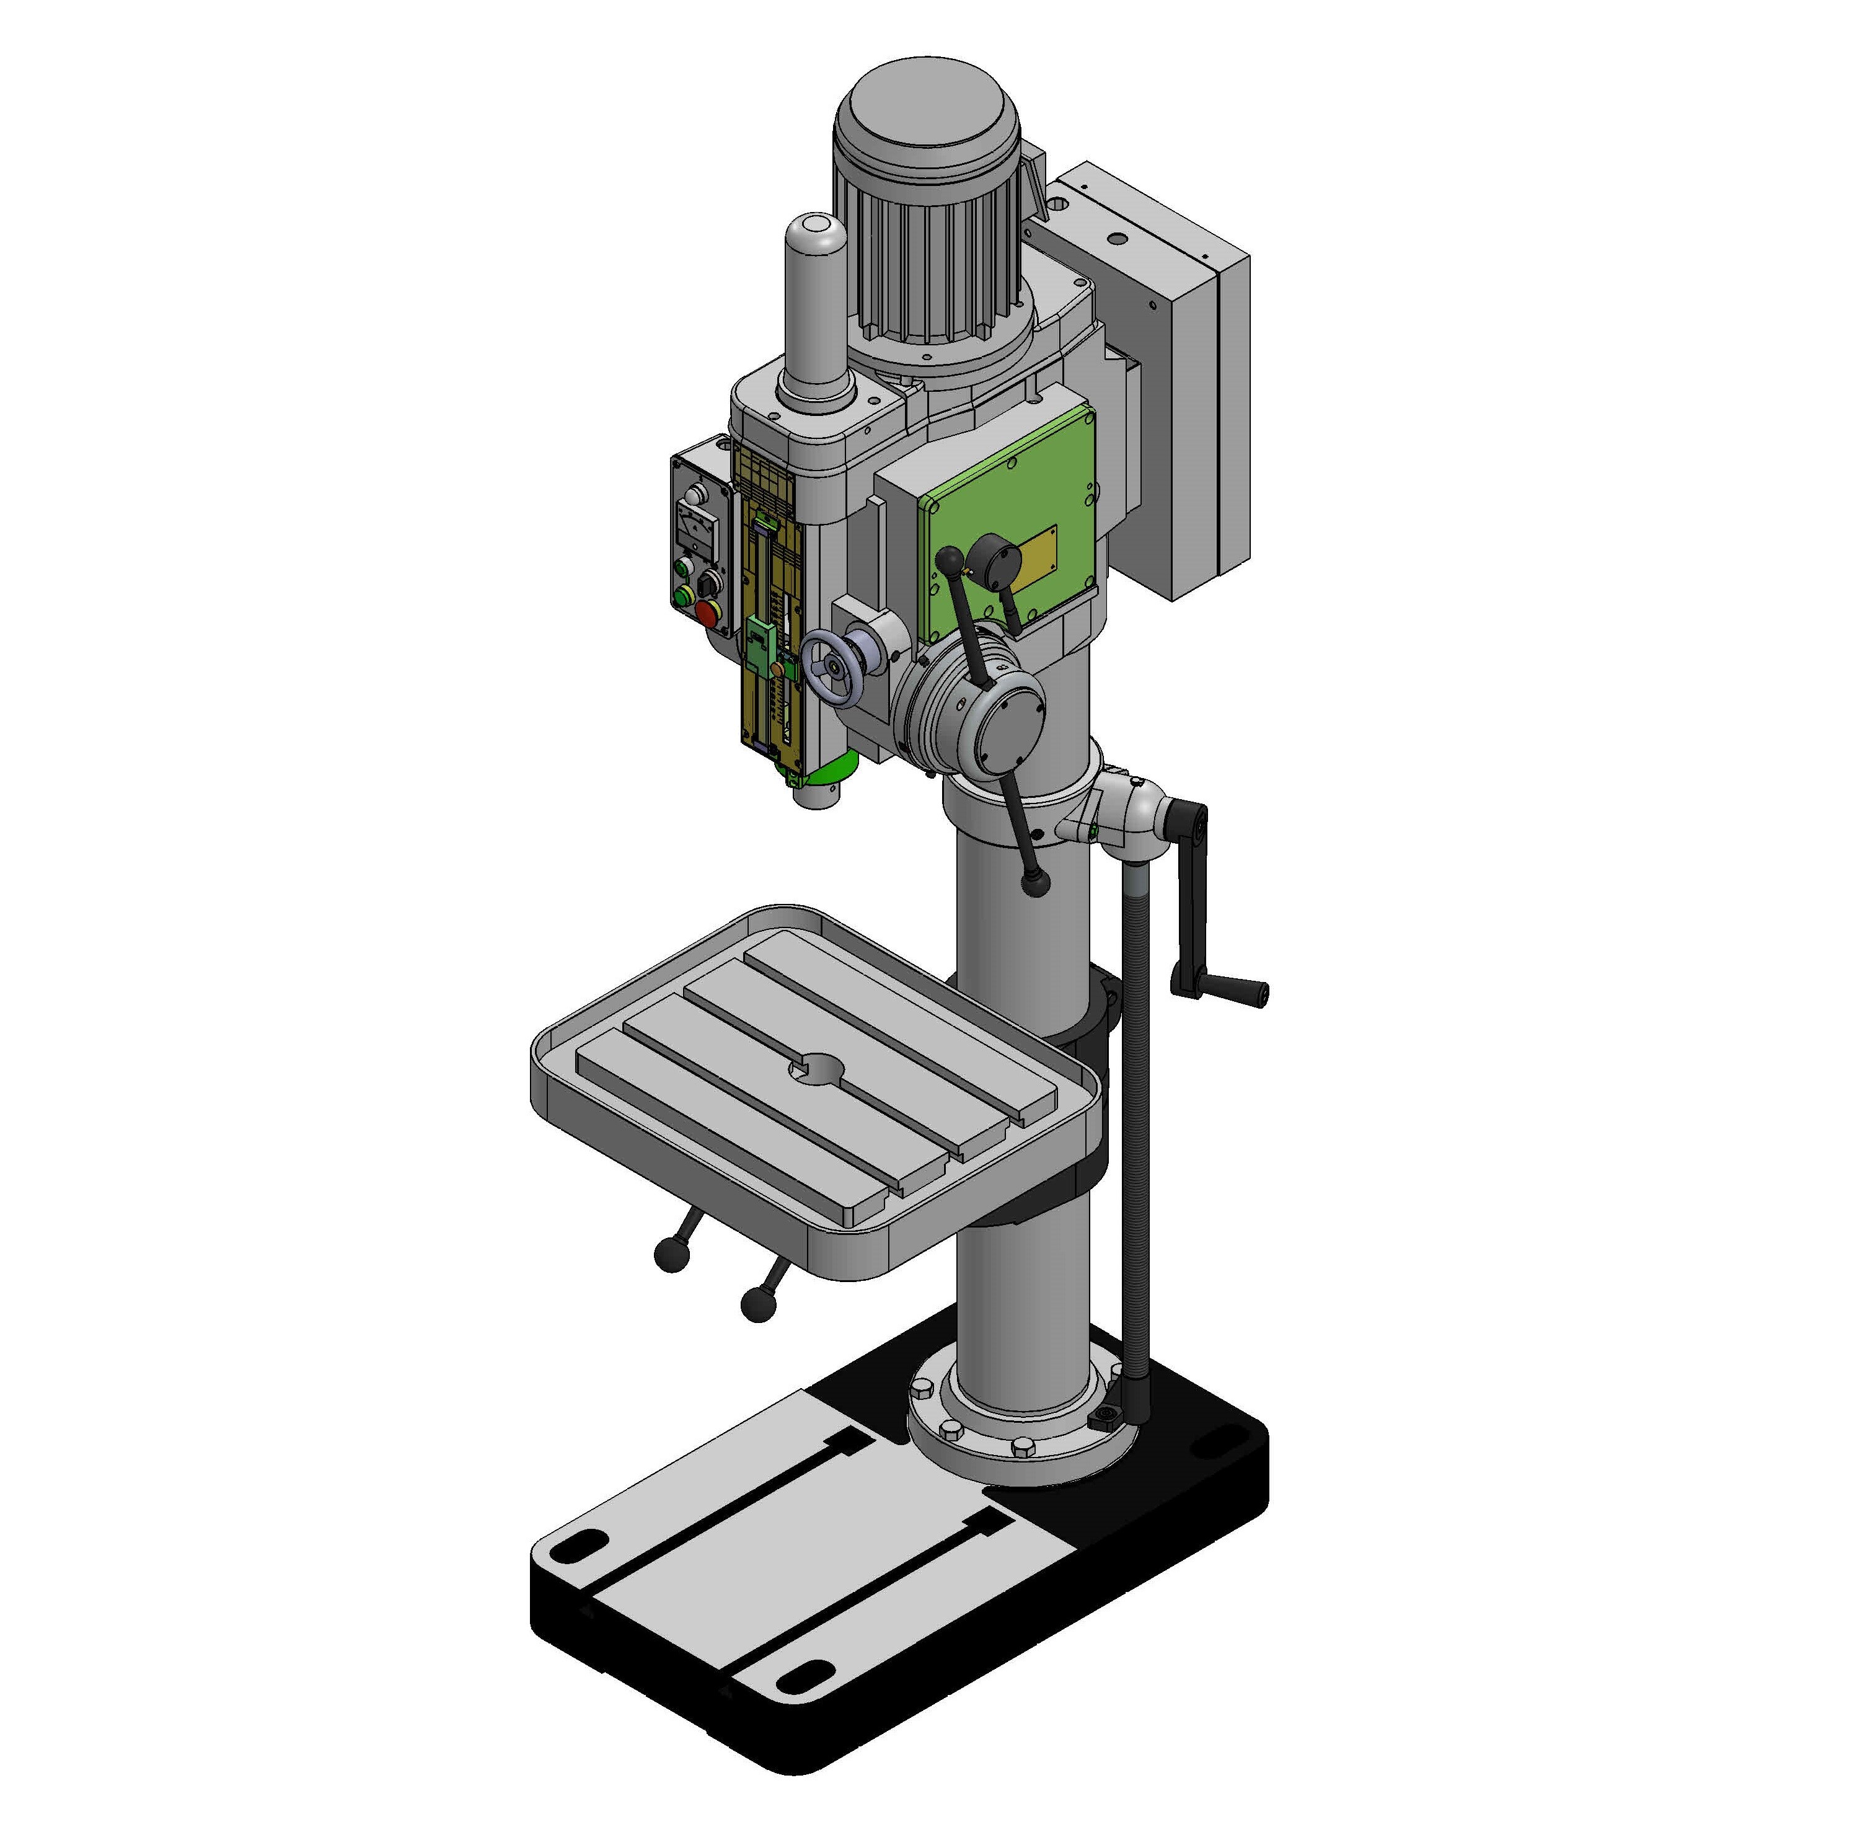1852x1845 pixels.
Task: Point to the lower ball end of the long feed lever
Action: [x=1035, y=882]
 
